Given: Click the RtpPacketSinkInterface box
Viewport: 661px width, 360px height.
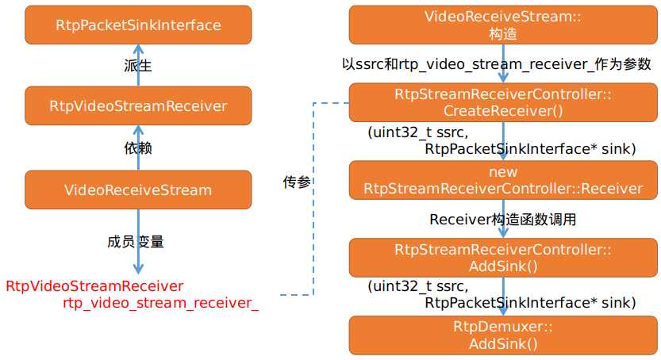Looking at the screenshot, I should coord(138,25).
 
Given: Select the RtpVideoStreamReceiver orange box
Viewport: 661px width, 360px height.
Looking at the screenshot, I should coord(138,105).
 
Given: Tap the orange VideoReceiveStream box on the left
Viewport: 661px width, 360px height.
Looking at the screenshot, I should coord(138,190).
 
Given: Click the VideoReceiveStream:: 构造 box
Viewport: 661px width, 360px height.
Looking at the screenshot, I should coord(503,25).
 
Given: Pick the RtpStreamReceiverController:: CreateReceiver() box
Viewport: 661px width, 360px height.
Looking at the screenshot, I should coord(503,103).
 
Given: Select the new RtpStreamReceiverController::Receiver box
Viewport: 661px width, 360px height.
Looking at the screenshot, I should coord(503,180).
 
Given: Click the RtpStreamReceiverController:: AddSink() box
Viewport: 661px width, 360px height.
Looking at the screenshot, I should coord(503,258).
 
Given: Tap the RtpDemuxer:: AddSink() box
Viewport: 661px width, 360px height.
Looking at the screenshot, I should coord(503,335).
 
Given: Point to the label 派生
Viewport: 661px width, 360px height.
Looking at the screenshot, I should coord(138,66).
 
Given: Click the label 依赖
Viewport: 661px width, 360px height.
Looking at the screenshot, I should coord(138,148).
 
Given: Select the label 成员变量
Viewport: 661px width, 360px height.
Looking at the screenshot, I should coord(136,241).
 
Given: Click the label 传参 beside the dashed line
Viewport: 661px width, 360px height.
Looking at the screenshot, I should coord(297,182).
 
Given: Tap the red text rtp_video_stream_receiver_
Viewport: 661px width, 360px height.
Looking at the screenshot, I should coord(160,302).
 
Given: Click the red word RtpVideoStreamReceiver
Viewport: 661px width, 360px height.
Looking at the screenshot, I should coord(94,285).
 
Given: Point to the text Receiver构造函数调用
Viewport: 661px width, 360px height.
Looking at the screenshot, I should coord(503,220).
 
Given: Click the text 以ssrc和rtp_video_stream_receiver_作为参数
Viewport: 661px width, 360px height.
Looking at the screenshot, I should coord(496,64).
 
